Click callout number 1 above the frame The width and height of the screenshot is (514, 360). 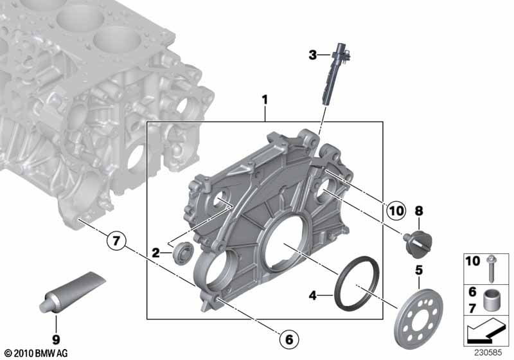coord(263,100)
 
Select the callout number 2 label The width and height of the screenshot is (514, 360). coord(156,253)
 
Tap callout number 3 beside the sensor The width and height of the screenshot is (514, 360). coord(312,55)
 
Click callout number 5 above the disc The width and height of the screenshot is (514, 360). coord(418,269)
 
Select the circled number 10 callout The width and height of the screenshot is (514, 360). coord(396,209)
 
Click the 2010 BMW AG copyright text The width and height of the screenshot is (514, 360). coord(33,352)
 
